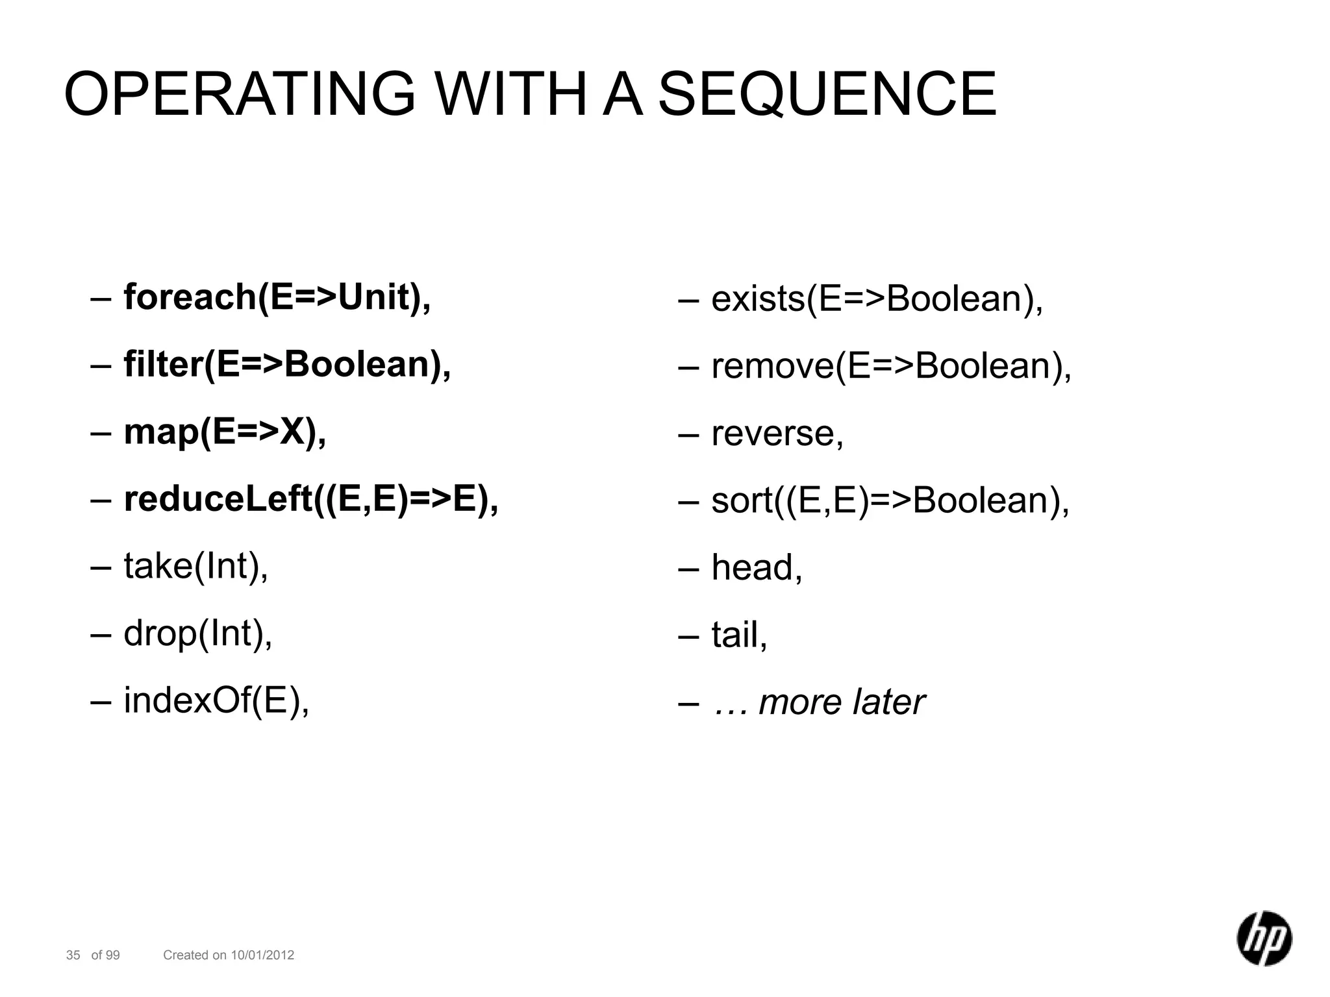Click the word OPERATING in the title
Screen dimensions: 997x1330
coord(239,94)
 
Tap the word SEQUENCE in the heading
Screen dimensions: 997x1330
coord(827,94)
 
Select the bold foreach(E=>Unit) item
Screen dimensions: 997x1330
coord(277,297)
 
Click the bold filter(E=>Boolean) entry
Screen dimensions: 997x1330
coord(286,364)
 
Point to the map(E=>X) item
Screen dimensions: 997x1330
coord(225,432)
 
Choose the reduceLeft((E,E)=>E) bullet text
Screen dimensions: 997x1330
coord(310,499)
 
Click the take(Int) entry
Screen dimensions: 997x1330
coord(195,566)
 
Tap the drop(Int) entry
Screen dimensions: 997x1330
coord(197,633)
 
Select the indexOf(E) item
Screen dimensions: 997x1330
coord(216,700)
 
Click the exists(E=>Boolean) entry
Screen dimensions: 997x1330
coord(877,299)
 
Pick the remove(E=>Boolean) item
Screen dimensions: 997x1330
coord(891,366)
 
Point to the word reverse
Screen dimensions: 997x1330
coord(777,434)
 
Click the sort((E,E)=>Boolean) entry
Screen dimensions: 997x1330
coord(890,500)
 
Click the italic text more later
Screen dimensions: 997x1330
coord(842,702)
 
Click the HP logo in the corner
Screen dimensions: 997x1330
coord(1263,938)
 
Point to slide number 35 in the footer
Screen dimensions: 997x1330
coord(73,955)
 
